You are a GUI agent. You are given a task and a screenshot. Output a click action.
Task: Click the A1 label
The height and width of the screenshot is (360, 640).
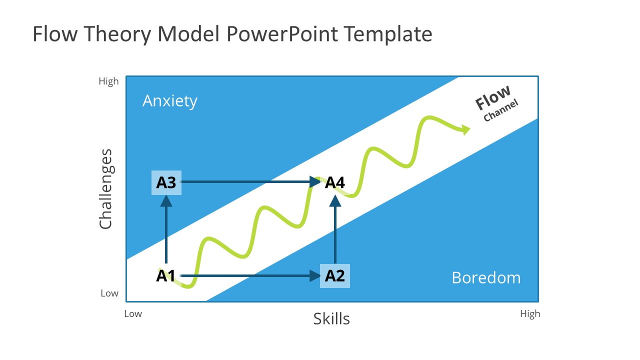coord(165,275)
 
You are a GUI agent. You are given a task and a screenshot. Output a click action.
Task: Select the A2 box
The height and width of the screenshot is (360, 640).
coord(335,275)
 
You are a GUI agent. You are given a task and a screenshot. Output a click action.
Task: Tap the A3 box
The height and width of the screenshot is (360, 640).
coord(166,182)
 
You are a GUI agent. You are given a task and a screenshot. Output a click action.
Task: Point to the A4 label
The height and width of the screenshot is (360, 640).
coord(335,182)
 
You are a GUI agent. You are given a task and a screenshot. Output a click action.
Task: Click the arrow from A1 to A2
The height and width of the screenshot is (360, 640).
coord(250,275)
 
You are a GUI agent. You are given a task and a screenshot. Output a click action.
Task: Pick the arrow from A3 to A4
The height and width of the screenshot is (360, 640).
coord(250,182)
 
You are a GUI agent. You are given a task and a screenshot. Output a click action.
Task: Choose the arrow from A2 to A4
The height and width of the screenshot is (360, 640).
coord(335,230)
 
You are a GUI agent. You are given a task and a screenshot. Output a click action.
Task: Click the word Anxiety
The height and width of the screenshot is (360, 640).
coord(170,101)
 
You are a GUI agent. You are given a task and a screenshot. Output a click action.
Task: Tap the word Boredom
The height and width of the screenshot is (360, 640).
coord(486,277)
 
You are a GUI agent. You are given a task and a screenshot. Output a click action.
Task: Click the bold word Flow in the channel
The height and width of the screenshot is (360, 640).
coord(493,97)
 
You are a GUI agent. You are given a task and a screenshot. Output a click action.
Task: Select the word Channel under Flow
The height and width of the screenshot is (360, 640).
coord(500,111)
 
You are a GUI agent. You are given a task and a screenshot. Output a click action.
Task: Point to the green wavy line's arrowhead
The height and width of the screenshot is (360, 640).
coord(466,129)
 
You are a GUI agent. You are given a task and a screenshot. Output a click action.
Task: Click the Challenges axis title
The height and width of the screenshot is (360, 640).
coord(105,189)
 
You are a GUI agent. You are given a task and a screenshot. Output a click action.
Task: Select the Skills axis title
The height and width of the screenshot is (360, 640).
coord(331,318)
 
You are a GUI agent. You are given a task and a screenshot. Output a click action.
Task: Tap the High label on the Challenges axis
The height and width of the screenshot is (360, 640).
coord(108,81)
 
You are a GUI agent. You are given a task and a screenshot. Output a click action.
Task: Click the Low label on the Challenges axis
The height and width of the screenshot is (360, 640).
coord(109,293)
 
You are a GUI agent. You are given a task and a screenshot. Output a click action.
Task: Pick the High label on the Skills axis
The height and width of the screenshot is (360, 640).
coord(530,314)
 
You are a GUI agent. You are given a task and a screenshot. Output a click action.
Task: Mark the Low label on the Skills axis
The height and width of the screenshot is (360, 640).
coord(133,314)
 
